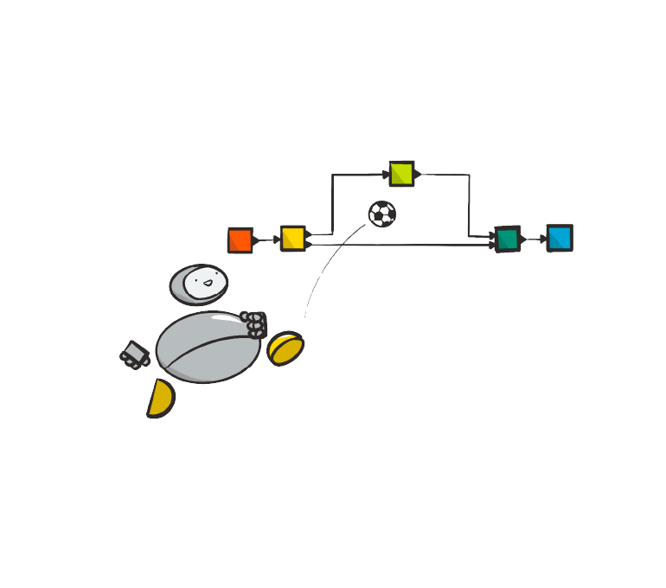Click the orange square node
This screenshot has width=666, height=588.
coord(240,240)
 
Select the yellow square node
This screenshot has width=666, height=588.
coord(292,238)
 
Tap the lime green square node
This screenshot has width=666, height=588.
coord(401,173)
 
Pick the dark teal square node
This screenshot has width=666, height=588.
coord(508,239)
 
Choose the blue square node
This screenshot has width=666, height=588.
coord(560,237)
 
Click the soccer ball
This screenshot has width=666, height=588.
coord(381,214)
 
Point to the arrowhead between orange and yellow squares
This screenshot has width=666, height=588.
coord(275,240)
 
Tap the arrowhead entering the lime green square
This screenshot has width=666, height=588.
coord(385,175)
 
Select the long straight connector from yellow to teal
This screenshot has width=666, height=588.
coord(398,245)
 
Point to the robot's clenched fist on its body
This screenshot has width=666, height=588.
coord(254,324)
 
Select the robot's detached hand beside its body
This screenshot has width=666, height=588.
coord(133,354)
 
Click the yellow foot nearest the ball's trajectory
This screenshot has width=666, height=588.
coord(285,348)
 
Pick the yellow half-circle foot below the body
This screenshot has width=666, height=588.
coord(160,399)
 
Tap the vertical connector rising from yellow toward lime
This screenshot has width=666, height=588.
coord(333,204)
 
